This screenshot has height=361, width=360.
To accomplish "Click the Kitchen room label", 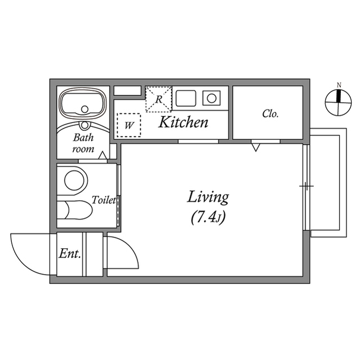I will (183, 122).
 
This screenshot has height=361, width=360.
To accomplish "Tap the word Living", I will (208, 197).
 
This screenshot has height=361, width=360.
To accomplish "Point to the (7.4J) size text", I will (208, 217).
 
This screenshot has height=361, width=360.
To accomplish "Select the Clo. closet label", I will (270, 114).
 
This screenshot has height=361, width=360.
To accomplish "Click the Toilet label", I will (104, 200).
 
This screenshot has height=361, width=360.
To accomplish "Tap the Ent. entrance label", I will (70, 254).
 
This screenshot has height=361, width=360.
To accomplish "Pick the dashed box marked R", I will (158, 99).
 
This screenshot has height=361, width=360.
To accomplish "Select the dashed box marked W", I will (129, 125).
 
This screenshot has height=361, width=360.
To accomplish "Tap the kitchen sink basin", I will (184, 99).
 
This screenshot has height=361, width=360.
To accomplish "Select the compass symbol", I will (339, 102).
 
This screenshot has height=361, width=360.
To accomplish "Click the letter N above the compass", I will (339, 85).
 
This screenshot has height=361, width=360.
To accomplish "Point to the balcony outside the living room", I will (327, 183).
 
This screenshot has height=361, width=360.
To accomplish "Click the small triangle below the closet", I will (255, 147).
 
